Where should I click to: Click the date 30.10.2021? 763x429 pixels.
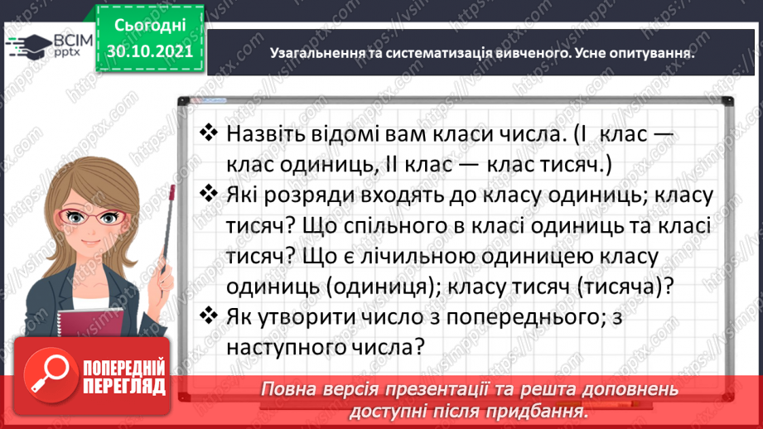148,51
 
